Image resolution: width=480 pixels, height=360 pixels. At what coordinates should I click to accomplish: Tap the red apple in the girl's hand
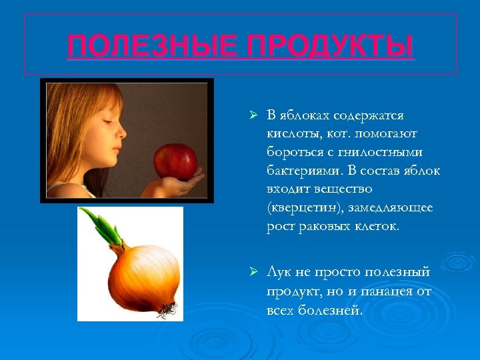[175, 161]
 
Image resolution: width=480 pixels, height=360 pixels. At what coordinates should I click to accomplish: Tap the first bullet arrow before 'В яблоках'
[253, 116]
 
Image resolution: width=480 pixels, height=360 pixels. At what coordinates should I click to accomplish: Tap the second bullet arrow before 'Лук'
[253, 273]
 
